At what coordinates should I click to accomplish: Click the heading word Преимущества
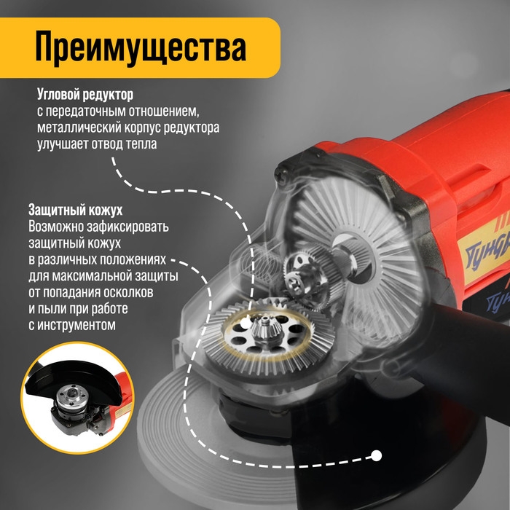pos(140,48)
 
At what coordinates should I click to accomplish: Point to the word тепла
pos(141,144)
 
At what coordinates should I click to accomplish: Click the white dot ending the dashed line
pos(377,457)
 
